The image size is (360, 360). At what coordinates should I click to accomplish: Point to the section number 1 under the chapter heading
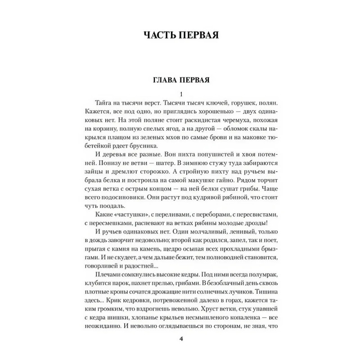click(x=180, y=94)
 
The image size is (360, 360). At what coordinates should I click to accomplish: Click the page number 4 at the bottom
click(x=180, y=339)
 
